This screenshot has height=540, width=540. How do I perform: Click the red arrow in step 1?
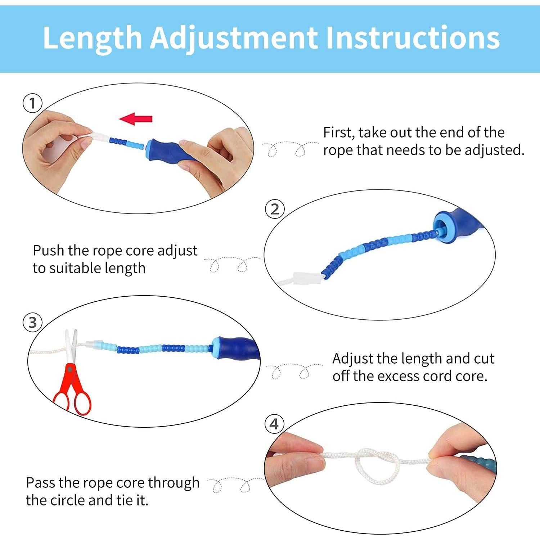coord(136,118)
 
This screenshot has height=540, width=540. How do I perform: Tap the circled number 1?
coord(33,103)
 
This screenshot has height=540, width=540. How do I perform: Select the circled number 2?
coord(275,209)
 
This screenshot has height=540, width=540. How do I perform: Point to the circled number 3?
coord(33,322)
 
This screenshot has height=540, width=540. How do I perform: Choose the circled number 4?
coord(274,424)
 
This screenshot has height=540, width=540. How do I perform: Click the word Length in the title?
coord(93,37)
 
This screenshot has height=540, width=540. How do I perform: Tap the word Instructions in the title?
coord(413,37)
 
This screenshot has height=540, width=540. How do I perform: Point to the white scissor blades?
coord(71,346)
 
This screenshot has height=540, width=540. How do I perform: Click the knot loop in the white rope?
coord(377,464)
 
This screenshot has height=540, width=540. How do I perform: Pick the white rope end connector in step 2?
coord(307,278)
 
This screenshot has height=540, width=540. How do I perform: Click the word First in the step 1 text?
coord(337,133)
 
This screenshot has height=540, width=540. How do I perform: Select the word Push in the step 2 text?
coord(49,251)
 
